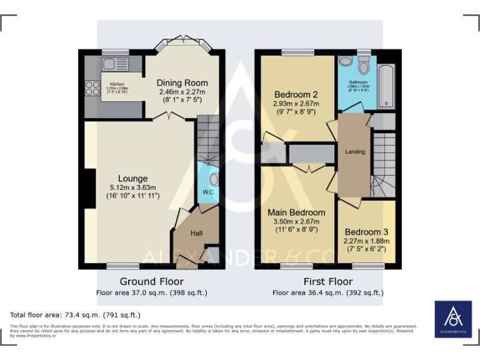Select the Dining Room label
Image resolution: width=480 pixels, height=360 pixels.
coord(182,82)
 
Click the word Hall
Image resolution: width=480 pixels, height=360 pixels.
coord(196,233)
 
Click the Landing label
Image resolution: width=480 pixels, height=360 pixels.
coord(355,152)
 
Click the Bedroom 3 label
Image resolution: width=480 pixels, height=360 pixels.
coord(366,232)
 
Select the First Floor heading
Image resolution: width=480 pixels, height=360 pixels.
coord(327,281)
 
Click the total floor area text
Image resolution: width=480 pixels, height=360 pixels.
coord(76,314)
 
